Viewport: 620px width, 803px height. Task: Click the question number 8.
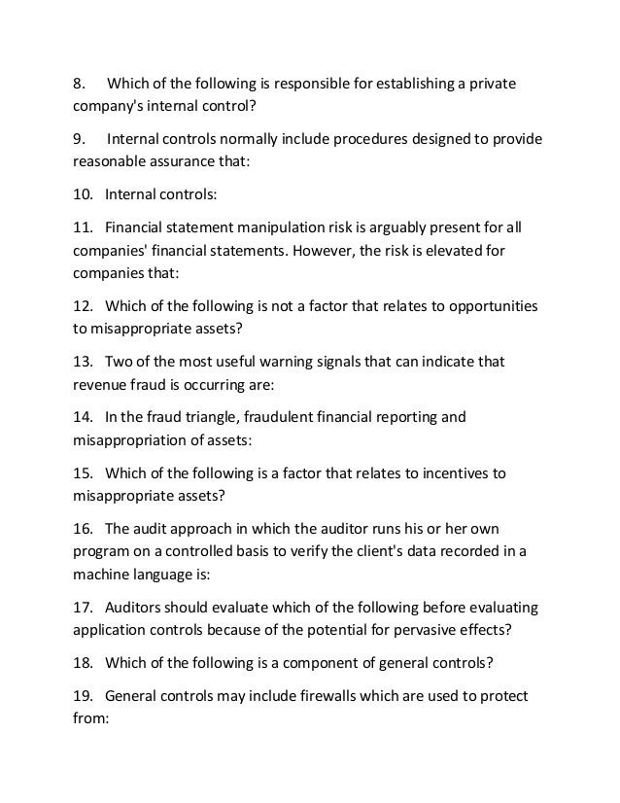tap(80, 83)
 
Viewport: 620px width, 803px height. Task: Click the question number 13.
tap(84, 362)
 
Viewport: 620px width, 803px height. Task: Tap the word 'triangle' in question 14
tap(204, 417)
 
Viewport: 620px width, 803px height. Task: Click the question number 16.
tap(84, 528)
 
